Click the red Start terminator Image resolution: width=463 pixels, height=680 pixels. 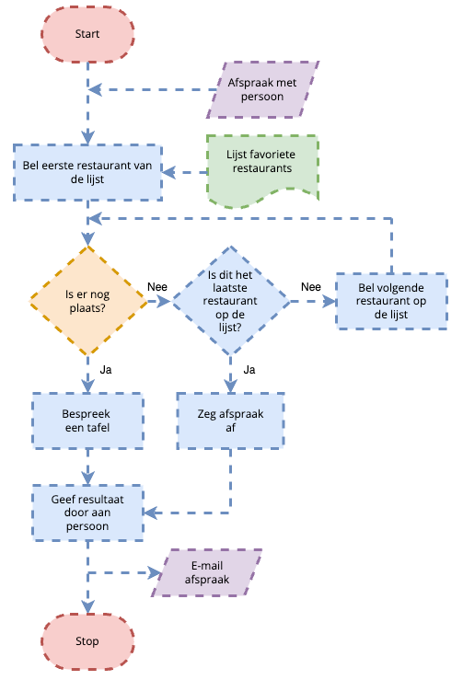click(87, 34)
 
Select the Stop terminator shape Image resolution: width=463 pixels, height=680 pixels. click(87, 641)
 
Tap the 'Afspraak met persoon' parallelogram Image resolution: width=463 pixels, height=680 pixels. click(262, 89)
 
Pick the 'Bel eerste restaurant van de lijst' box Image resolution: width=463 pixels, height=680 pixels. click(87, 173)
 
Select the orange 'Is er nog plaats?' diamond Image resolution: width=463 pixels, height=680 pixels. click(88, 301)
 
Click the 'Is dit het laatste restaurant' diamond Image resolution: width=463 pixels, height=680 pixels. click(230, 301)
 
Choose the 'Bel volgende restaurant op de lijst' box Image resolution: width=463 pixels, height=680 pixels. click(391, 301)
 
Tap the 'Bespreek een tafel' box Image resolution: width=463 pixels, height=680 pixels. click(87, 421)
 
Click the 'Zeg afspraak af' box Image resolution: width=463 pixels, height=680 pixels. click(230, 421)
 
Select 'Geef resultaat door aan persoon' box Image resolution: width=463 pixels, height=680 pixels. click(87, 513)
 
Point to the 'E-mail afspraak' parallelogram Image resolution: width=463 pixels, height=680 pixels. click(206, 572)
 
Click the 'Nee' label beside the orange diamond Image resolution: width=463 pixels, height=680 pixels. click(157, 287)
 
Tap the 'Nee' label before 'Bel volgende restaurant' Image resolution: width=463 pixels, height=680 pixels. click(311, 287)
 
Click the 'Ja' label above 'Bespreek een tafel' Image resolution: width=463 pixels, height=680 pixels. click(106, 370)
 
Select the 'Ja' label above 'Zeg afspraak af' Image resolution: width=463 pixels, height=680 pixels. click(249, 370)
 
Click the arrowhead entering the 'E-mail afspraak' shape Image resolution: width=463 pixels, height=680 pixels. click(156, 572)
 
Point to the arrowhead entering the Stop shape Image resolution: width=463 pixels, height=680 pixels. click(88, 606)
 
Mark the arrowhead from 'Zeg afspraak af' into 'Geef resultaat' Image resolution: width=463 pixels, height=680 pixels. click(151, 513)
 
